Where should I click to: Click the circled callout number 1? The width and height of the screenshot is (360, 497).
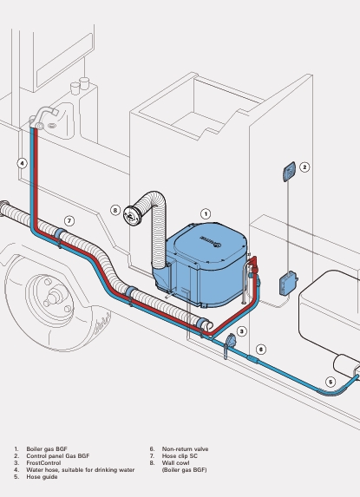[206, 214]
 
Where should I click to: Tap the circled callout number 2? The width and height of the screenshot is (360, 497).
[304, 167]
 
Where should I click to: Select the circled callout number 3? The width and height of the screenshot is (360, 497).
[242, 331]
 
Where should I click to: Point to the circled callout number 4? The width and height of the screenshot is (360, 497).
[22, 164]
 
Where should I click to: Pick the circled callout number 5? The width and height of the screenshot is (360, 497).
[331, 382]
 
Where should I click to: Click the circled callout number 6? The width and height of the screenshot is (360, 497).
[260, 350]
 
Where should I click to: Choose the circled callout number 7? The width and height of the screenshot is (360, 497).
[69, 221]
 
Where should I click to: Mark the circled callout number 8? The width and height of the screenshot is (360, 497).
[115, 210]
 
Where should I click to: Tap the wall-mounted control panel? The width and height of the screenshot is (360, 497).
[289, 172]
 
